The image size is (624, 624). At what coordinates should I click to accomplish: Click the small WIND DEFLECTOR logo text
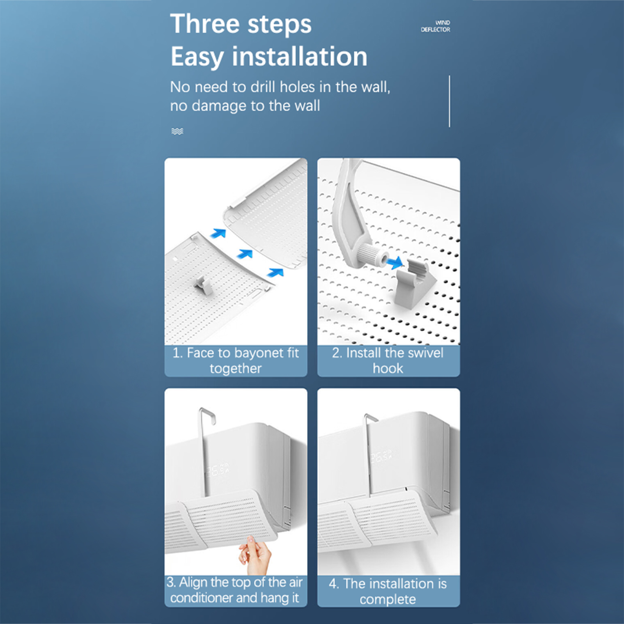click(435, 26)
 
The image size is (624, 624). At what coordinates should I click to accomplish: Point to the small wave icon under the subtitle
click(177, 131)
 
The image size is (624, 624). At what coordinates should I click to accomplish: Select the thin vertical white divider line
click(449, 101)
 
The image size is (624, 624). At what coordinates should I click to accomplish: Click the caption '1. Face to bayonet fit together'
click(236, 361)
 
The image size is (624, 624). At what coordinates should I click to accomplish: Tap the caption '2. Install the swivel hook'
click(388, 361)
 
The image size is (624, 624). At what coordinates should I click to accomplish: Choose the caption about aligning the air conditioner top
click(235, 590)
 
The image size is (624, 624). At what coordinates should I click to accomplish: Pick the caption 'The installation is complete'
click(388, 591)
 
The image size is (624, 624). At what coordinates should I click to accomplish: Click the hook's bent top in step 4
click(371, 418)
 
